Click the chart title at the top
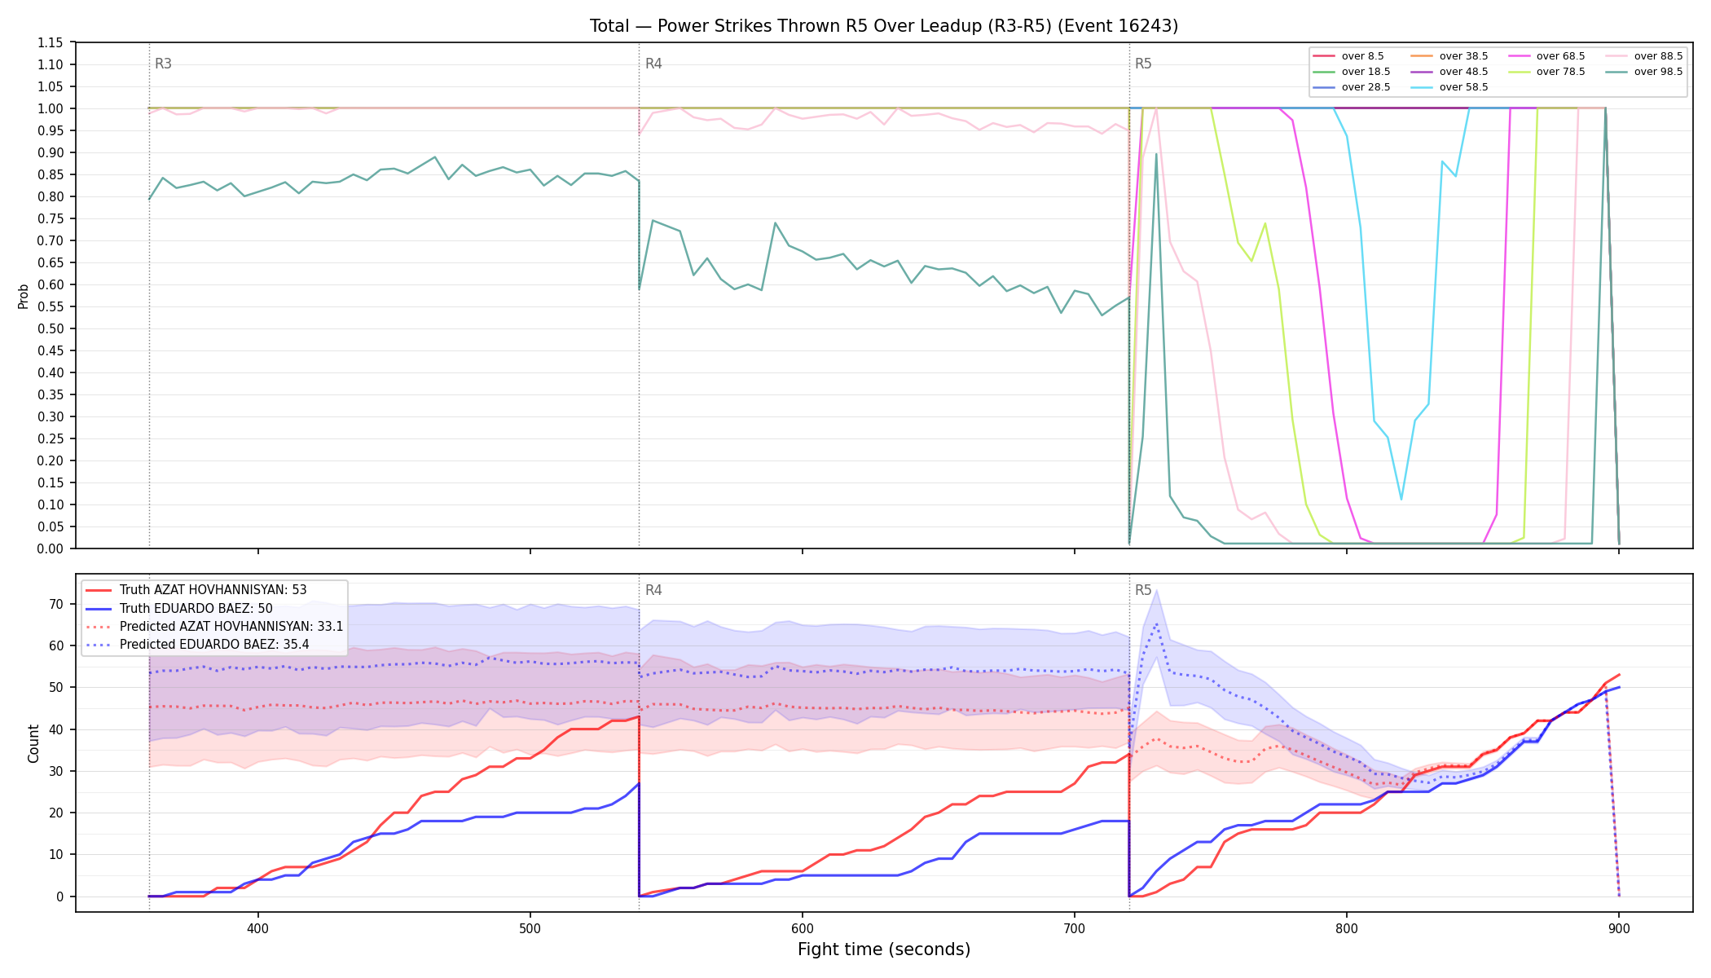click(x=884, y=26)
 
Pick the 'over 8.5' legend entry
click(x=1348, y=56)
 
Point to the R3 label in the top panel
click(x=163, y=64)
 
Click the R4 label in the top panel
click(x=653, y=64)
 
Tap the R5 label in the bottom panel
click(x=1143, y=590)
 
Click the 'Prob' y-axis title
click(x=23, y=296)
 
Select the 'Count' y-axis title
click(x=33, y=743)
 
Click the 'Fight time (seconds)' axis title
click(x=884, y=949)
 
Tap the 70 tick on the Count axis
click(x=56, y=604)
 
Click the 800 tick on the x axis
click(x=1347, y=928)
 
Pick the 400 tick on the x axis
click(x=258, y=928)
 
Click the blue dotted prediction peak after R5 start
click(x=1156, y=624)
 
